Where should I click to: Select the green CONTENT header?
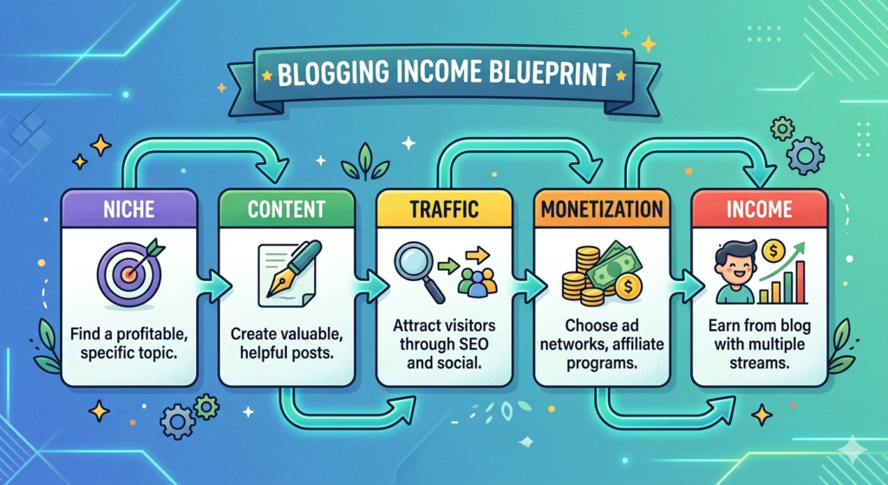coord(286,209)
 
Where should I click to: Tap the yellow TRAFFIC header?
coord(442,209)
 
